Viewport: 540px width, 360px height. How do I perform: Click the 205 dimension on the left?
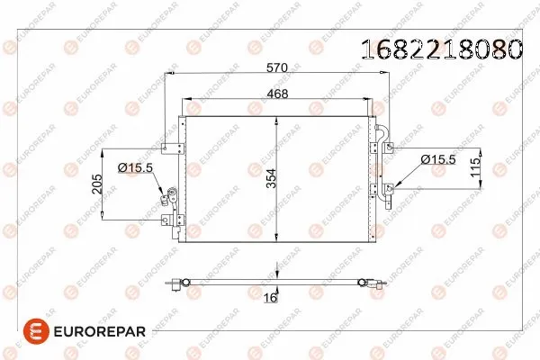(x=95, y=183)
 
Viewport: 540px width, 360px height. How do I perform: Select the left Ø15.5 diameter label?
(x=134, y=166)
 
